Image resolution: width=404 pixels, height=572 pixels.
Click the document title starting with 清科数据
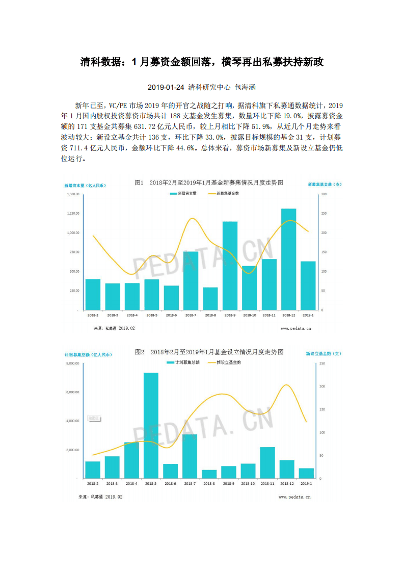tap(202, 62)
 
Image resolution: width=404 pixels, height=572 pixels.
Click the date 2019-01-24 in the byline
tap(166, 87)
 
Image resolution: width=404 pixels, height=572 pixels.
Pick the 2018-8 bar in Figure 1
tap(210, 298)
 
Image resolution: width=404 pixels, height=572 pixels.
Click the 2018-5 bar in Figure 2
tap(151, 425)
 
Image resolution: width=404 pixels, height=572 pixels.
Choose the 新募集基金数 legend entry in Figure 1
tap(223, 194)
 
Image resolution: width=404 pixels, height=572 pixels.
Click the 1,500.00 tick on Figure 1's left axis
tap(72, 194)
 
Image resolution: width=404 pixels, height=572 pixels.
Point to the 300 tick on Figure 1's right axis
tap(324, 194)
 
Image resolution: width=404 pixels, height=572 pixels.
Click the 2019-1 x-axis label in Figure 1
tap(308, 316)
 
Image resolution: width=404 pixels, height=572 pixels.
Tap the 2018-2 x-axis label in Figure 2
tap(93, 483)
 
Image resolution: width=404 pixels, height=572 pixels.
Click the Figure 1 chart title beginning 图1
tap(208, 183)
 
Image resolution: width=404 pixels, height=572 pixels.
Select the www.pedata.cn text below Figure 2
tap(294, 496)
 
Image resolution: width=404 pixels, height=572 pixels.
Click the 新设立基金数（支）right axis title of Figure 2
tap(324, 353)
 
